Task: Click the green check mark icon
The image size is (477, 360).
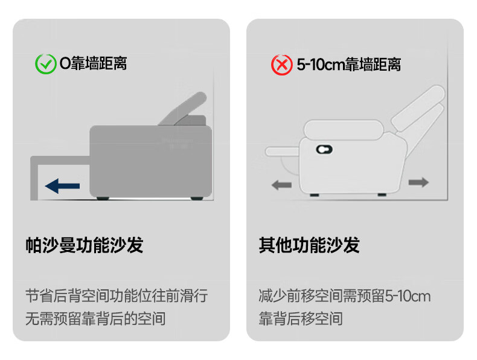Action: pos(46,64)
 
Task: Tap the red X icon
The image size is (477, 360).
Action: pos(282,65)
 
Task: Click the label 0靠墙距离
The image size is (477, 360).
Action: pos(93,63)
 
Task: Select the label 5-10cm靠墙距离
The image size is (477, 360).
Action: pos(348,65)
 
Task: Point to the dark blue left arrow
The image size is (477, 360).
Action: pos(62,186)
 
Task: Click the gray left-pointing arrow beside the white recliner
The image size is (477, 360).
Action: pos(281,185)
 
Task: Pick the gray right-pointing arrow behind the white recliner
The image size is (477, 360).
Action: pos(418,182)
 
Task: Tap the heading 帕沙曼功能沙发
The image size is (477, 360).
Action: pos(85,245)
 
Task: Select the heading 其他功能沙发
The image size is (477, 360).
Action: pos(309,245)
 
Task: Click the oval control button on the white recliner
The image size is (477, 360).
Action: pos(324,149)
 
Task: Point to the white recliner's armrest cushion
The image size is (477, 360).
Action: pos(344,130)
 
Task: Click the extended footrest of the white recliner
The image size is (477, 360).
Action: pos(282,152)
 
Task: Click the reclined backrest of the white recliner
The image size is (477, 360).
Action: pos(418,107)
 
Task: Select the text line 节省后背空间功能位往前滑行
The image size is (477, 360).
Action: pos(117,296)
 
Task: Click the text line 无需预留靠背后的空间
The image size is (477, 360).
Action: pos(95,318)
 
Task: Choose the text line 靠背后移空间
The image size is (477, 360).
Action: pos(301,318)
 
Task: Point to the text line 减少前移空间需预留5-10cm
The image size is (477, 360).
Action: pos(345,296)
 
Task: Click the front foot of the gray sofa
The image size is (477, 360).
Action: pos(103,198)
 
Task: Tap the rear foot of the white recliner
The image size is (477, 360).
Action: pos(382,194)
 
